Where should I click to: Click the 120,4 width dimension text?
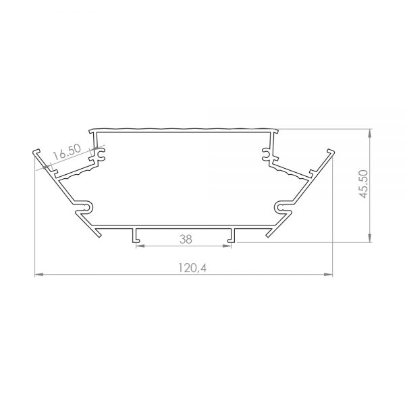192,268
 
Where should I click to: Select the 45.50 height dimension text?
364,184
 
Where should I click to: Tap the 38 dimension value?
186,239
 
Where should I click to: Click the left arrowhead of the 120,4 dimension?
38,274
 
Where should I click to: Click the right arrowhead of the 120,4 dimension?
329,274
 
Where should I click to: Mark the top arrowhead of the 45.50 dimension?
370,133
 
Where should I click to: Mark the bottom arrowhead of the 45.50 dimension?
370,238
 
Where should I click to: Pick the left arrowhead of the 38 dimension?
140,246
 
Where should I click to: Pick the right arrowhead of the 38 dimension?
227,246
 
